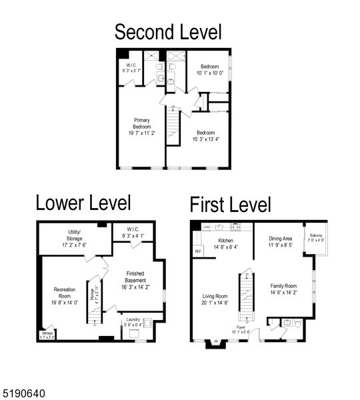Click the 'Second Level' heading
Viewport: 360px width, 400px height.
pos(167,31)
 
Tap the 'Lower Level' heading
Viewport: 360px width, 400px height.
pos(83,203)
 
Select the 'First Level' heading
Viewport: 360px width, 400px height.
pos(230,205)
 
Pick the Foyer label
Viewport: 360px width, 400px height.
pos(241,327)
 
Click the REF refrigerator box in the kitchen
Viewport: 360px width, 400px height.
pos(198,251)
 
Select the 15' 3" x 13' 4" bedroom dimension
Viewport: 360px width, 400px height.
pos(205,136)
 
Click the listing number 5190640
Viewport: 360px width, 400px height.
pos(24,394)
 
